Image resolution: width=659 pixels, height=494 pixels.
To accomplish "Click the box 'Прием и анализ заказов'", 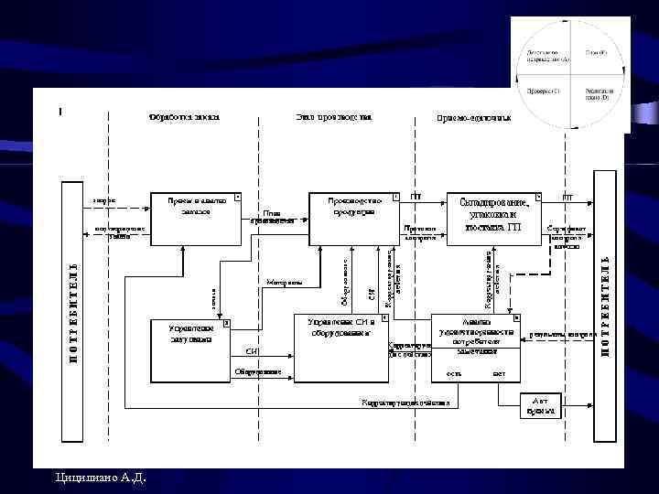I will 196,219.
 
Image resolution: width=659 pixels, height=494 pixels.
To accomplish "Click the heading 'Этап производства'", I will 333,117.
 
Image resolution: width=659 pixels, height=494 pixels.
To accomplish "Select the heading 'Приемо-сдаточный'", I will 473,118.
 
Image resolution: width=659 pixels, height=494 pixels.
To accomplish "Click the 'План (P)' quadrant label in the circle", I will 596,53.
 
